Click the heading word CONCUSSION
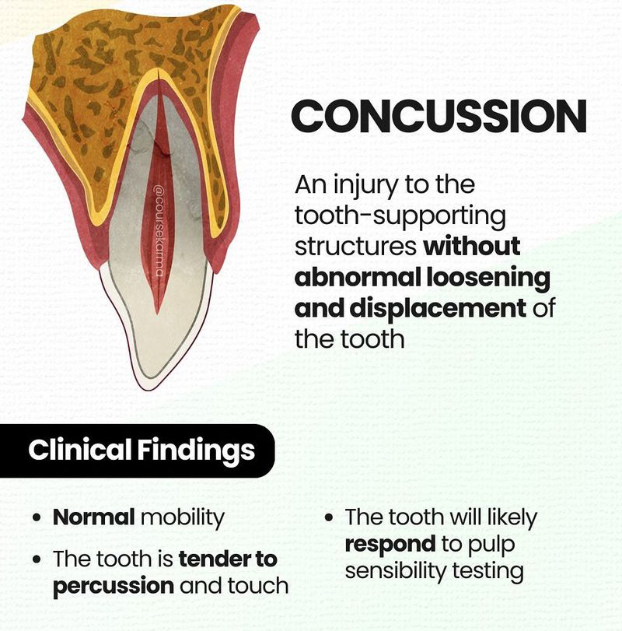pyautogui.click(x=439, y=116)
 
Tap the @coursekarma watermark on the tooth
pyautogui.click(x=159, y=230)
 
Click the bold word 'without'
pyautogui.click(x=472, y=247)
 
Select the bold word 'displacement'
pyautogui.click(x=438, y=308)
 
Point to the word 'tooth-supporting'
pyautogui.click(x=400, y=216)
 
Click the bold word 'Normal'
pyautogui.click(x=93, y=517)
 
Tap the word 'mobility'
pyautogui.click(x=183, y=518)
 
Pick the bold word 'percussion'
pyautogui.click(x=114, y=587)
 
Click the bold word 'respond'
pyautogui.click(x=390, y=545)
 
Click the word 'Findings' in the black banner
pyautogui.click(x=197, y=450)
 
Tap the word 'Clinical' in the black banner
pyautogui.click(x=80, y=449)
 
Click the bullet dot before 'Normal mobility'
pyautogui.click(x=37, y=517)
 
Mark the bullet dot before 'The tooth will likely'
pyautogui.click(x=330, y=517)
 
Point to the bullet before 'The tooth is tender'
pyautogui.click(x=37, y=559)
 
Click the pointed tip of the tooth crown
pyautogui.click(x=148, y=388)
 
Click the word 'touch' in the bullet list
pyautogui.click(x=258, y=585)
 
